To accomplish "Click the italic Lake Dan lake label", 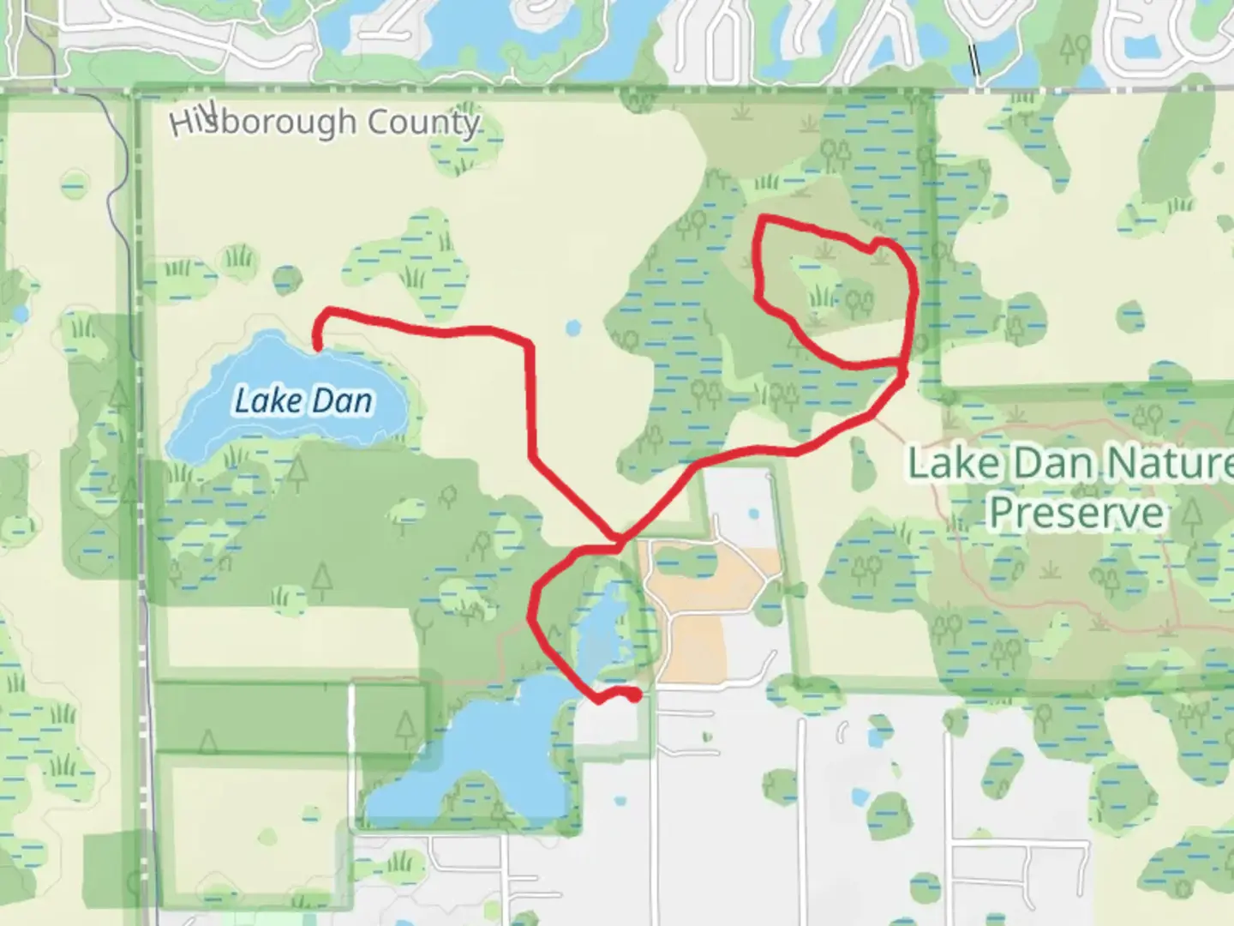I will tap(303, 401).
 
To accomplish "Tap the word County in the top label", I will tap(422, 123).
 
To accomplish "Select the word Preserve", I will tap(1077, 512).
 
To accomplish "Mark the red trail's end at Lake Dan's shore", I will tap(318, 347).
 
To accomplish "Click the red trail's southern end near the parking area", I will tap(634, 697).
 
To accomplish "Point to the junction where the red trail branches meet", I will tap(618, 539).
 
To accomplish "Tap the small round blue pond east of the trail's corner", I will tap(572, 327).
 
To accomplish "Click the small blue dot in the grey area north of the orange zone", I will tap(753, 514).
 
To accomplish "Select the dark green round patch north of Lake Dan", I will tap(287, 279).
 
